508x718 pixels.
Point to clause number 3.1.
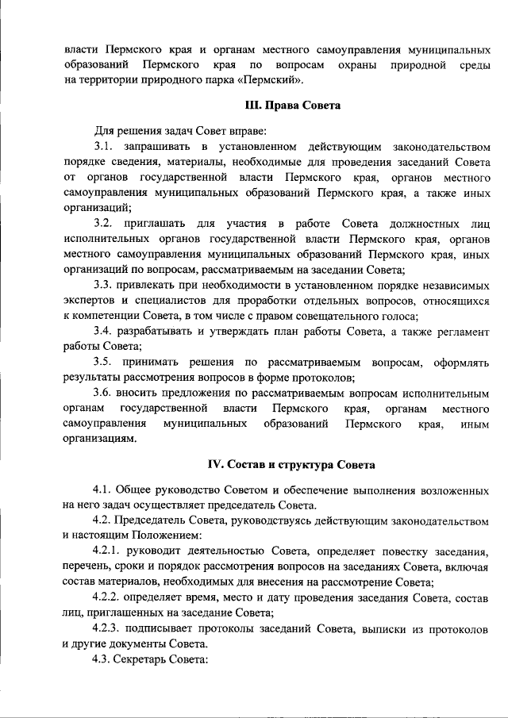pos(103,147)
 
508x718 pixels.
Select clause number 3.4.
pos(103,331)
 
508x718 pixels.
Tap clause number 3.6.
pos(103,393)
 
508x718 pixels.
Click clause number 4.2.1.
pos(108,550)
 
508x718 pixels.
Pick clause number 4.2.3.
pos(108,628)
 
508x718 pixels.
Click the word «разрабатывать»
pos(158,331)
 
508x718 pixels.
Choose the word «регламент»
pos(460,331)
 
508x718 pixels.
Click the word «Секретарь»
pos(141,658)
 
